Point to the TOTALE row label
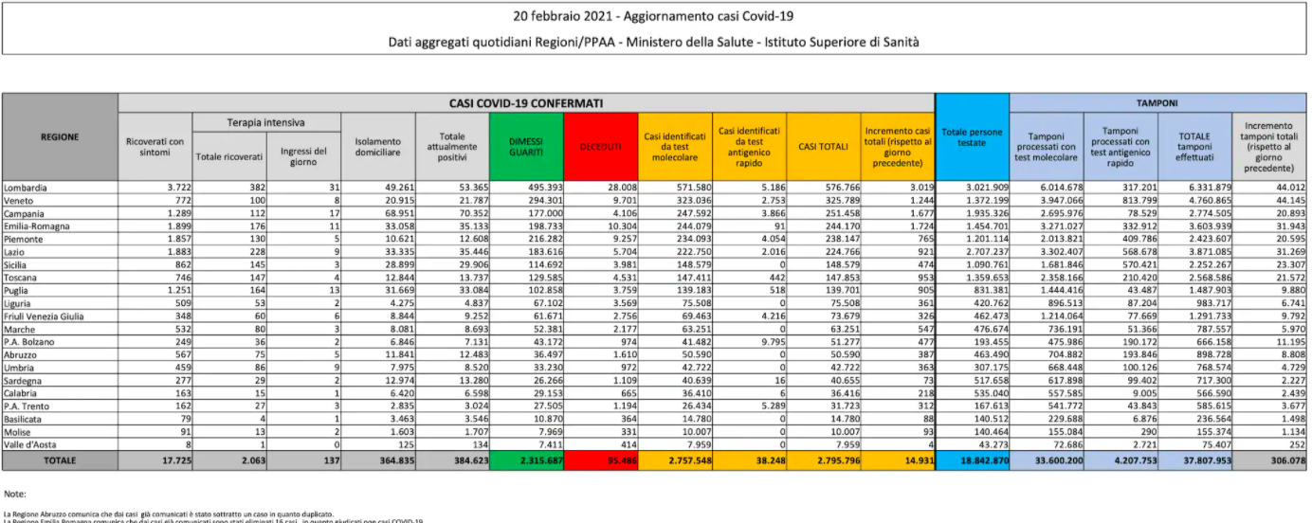pyautogui.click(x=60, y=460)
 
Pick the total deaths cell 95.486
pyautogui.click(x=601, y=460)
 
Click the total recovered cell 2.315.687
pyautogui.click(x=526, y=460)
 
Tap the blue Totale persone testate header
pyautogui.click(x=972, y=137)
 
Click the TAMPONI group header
pyautogui.click(x=1157, y=102)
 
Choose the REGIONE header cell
pyautogui.click(x=60, y=137)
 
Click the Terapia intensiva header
pyautogui.click(x=265, y=123)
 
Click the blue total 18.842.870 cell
pyautogui.click(x=972, y=460)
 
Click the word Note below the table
pyautogui.click(x=14, y=495)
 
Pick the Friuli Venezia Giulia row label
pyautogui.click(x=45, y=316)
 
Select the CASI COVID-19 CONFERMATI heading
pyautogui.click(x=526, y=102)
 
